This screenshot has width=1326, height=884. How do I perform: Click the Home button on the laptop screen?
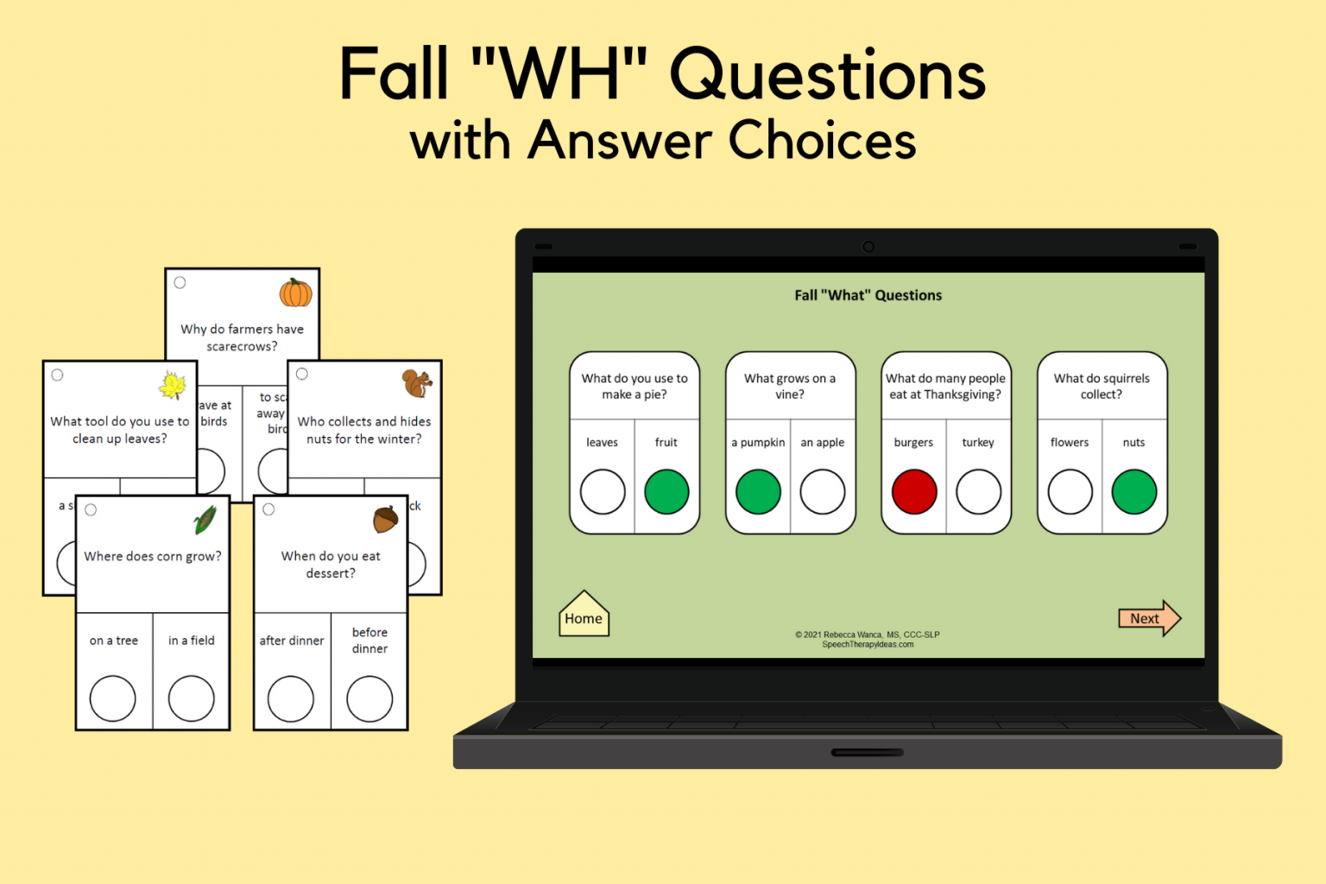pyautogui.click(x=584, y=616)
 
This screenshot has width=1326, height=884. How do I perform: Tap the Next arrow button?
pyautogui.click(x=1148, y=618)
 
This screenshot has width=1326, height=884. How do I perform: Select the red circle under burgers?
pyautogui.click(x=914, y=492)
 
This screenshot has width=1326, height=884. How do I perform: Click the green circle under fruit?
pyautogui.click(x=666, y=492)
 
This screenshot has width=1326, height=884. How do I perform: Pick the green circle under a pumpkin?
pyautogui.click(x=758, y=492)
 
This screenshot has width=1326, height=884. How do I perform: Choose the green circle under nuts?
pyautogui.click(x=1133, y=492)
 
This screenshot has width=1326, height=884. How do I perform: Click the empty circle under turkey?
pyautogui.click(x=978, y=492)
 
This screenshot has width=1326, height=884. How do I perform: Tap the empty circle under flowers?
pyautogui.click(x=1070, y=492)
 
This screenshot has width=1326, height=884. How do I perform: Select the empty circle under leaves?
pyautogui.click(x=603, y=492)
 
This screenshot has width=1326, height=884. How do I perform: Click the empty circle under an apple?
pyautogui.click(x=822, y=492)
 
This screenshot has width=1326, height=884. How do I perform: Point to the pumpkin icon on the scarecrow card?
pyautogui.click(x=295, y=293)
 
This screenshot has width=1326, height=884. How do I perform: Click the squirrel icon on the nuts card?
pyautogui.click(x=417, y=382)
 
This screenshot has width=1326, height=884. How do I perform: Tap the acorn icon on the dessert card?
pyautogui.click(x=386, y=519)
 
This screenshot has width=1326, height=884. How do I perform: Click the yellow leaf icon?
pyautogui.click(x=173, y=385)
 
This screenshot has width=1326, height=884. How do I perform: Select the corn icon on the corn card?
pyautogui.click(x=205, y=520)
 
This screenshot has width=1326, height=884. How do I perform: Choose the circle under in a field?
pyautogui.click(x=191, y=698)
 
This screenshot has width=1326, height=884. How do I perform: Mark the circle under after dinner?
pyautogui.click(x=291, y=698)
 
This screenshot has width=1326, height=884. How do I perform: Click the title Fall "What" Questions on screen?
pyautogui.click(x=868, y=295)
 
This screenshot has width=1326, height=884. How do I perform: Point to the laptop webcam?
pyautogui.click(x=868, y=247)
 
